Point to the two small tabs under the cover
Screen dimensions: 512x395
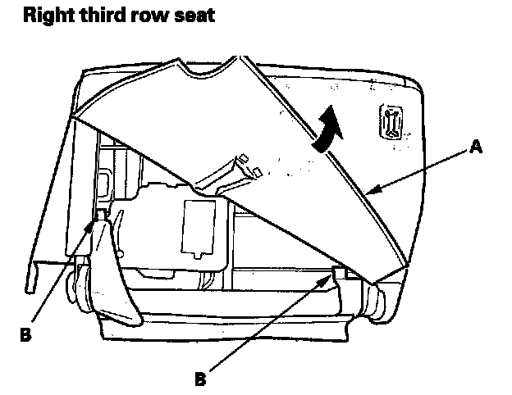pyautogui.click(x=249, y=165)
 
